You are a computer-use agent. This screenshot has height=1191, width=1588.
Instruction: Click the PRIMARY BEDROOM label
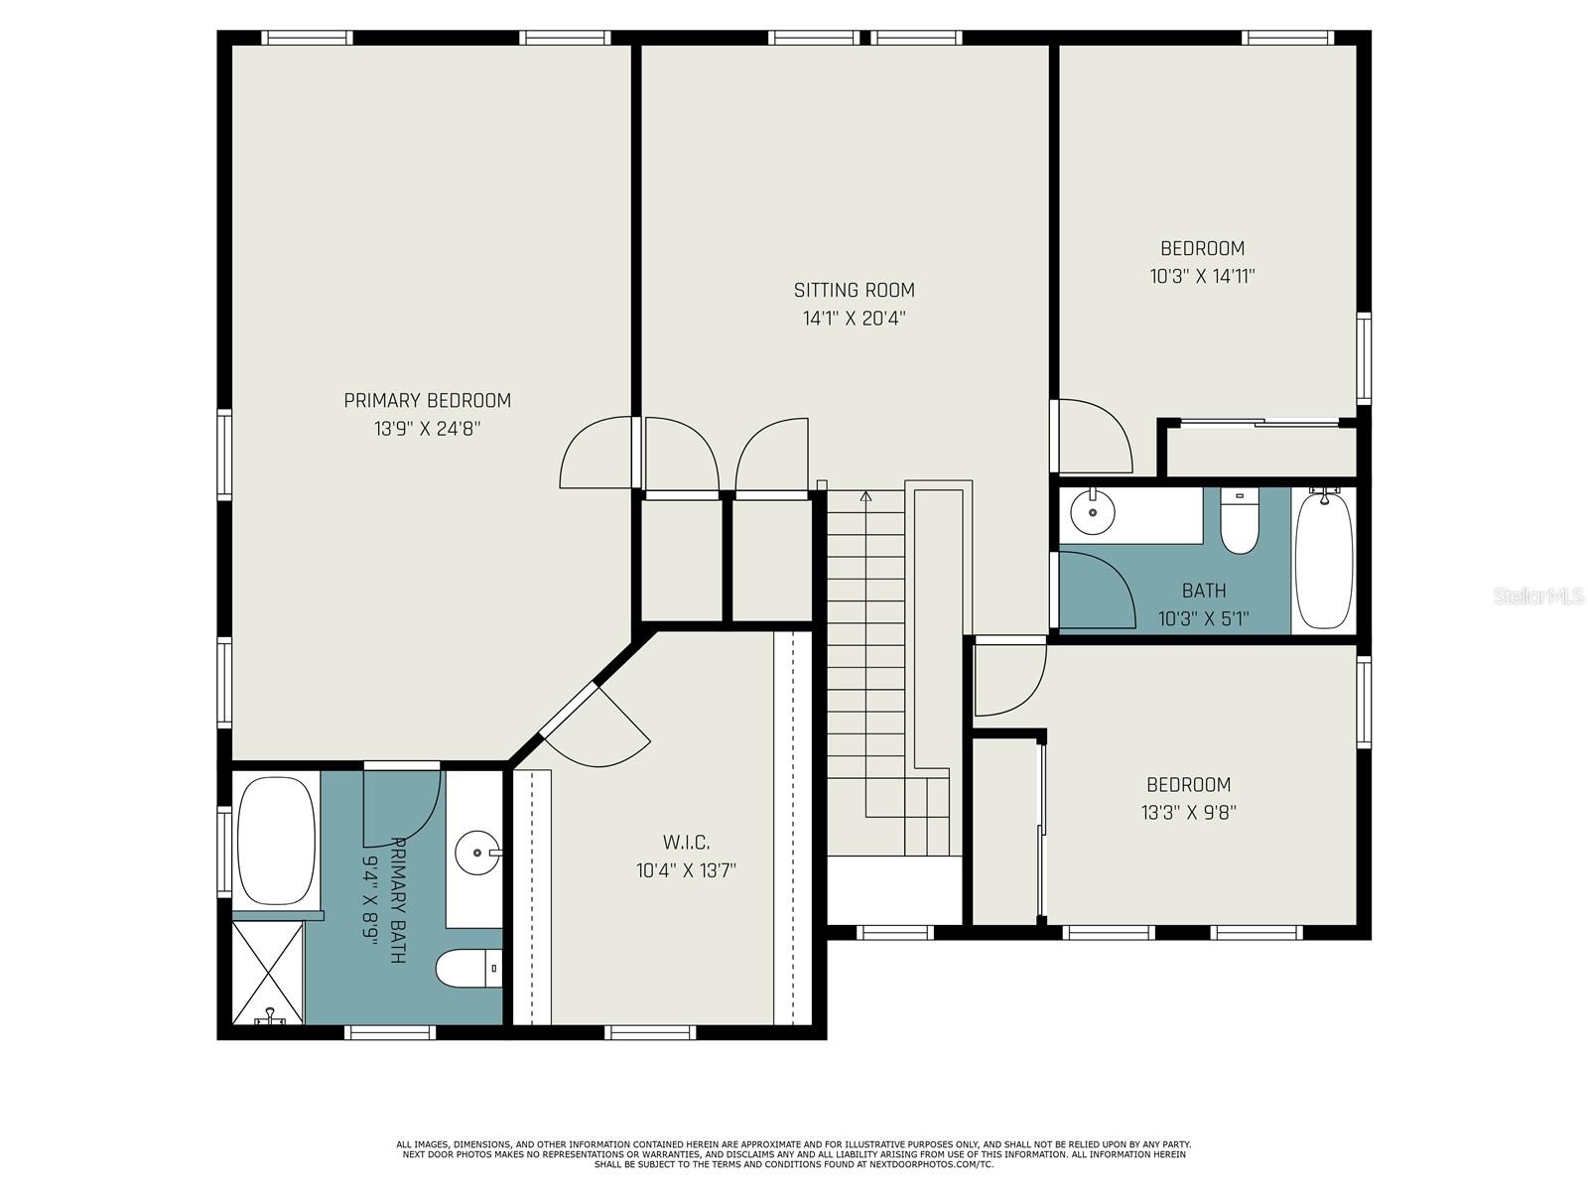pyautogui.click(x=427, y=401)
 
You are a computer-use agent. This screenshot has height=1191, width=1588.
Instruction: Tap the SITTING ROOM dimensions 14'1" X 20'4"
pyautogui.click(x=854, y=319)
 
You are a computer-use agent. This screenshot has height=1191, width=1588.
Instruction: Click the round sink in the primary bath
pyautogui.click(x=478, y=852)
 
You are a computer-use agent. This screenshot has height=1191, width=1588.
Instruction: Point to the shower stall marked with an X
pyautogui.click(x=268, y=972)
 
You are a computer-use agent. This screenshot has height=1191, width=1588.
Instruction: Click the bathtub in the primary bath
pyautogui.click(x=276, y=841)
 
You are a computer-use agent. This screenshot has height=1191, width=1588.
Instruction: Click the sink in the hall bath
pyautogui.click(x=1093, y=513)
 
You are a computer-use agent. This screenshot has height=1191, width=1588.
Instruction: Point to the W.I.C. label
pyautogui.click(x=686, y=843)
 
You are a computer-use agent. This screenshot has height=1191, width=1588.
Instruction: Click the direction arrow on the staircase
pyautogui.click(x=865, y=496)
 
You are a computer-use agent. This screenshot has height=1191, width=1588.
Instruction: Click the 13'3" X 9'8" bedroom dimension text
pyautogui.click(x=1188, y=813)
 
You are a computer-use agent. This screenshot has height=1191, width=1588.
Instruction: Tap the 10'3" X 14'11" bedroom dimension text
pyautogui.click(x=1202, y=277)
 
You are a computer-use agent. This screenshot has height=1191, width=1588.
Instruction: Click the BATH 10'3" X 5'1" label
pyautogui.click(x=1203, y=605)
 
